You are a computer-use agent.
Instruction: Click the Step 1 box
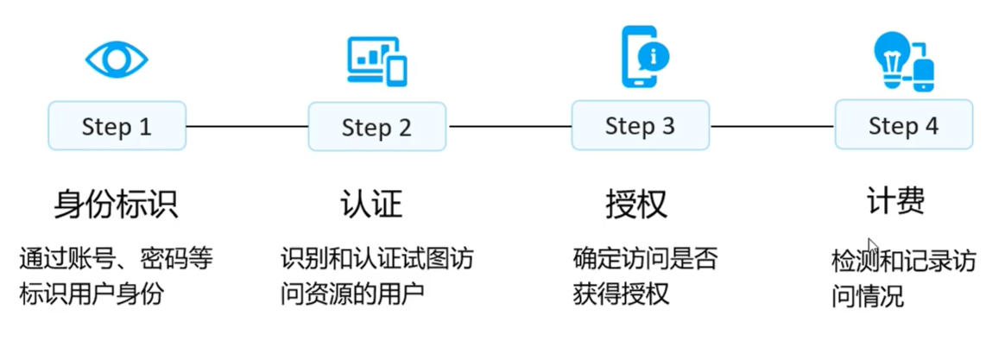[x=117, y=127]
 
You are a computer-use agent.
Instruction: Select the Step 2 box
[x=376, y=128]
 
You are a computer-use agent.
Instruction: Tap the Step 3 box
[x=640, y=126]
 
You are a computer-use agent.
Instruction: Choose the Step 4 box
[x=903, y=126]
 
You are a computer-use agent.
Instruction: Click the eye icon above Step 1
[x=117, y=59]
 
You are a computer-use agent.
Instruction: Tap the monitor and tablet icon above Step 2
[x=376, y=60]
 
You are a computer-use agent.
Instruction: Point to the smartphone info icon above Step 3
[x=644, y=57]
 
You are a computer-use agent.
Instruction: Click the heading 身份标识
[x=116, y=204]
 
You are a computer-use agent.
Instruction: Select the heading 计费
[x=895, y=200]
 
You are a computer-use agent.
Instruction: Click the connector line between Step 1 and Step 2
[x=247, y=127]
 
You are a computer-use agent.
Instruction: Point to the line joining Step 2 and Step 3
[x=509, y=127]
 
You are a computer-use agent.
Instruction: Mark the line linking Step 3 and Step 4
[x=772, y=127]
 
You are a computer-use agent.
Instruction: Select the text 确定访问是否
[x=645, y=258]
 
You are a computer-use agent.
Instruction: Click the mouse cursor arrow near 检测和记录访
[x=873, y=246]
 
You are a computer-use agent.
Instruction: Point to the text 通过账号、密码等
[x=116, y=258]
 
